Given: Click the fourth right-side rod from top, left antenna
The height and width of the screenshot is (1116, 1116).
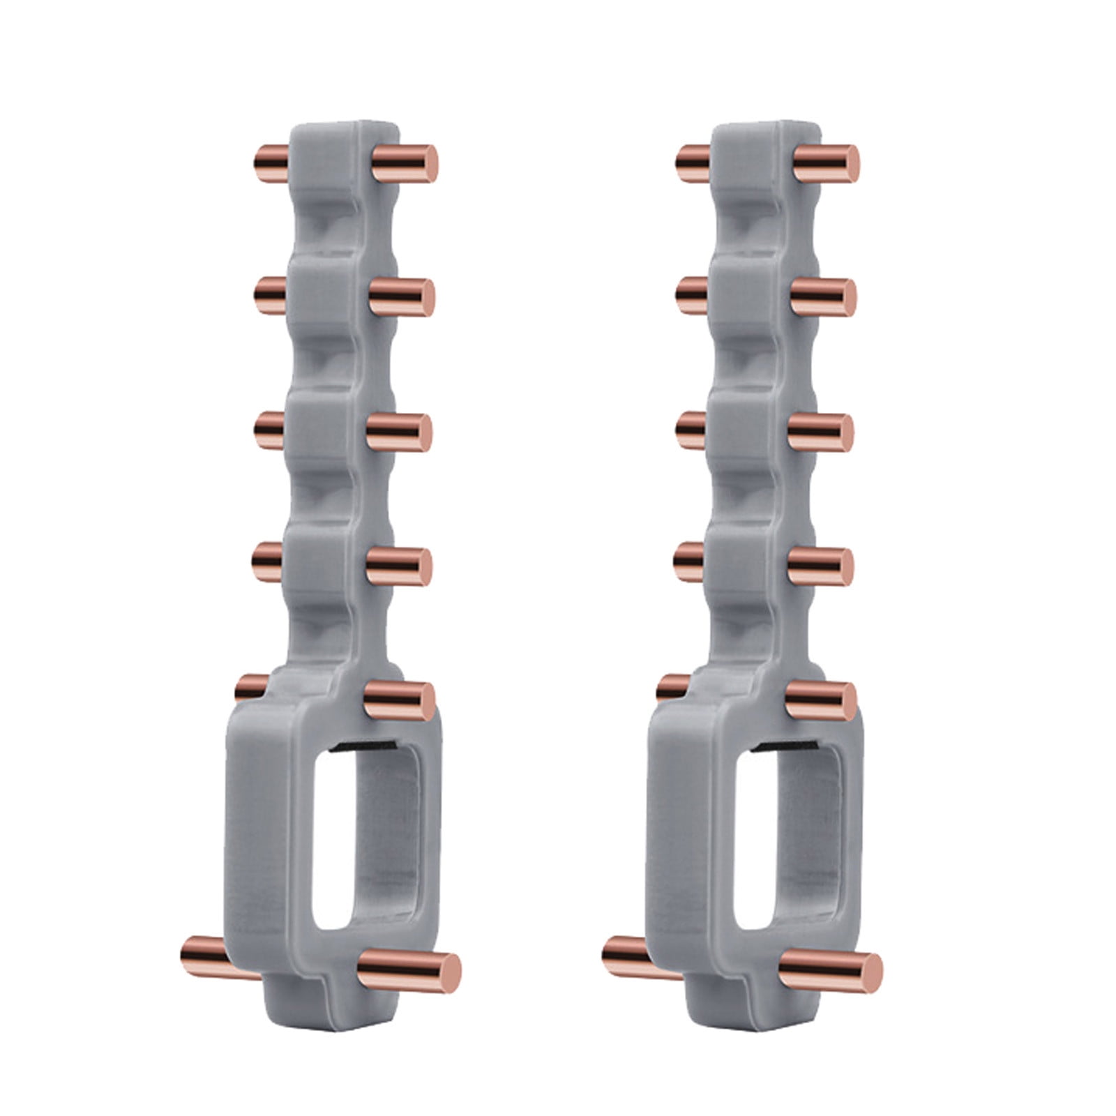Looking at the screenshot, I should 398,565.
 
